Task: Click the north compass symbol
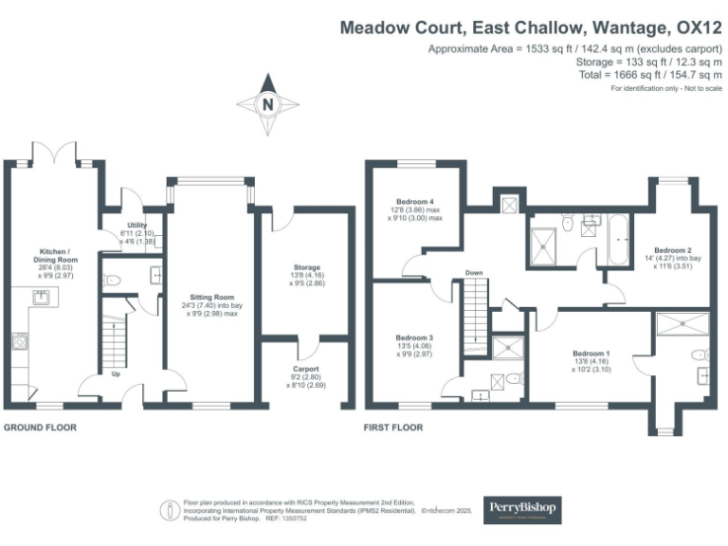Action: coord(268,103)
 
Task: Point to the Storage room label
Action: coord(306,268)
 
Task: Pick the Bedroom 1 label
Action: coord(591,355)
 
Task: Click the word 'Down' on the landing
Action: coord(475,275)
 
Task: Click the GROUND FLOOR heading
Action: coord(40,428)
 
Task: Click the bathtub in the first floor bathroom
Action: coord(617,241)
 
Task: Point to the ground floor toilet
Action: coord(113,280)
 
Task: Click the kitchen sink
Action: coord(43,299)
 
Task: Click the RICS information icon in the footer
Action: coord(168,510)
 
